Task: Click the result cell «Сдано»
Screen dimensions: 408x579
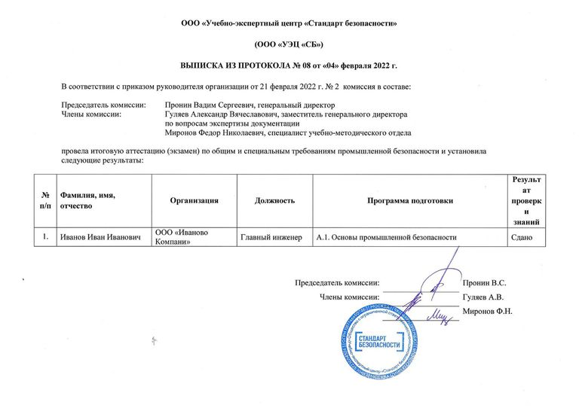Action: tap(522, 237)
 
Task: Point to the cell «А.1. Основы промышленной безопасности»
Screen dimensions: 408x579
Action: tap(387, 237)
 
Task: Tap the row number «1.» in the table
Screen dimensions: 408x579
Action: tap(46, 237)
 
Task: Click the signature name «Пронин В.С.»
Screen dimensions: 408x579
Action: tap(483, 283)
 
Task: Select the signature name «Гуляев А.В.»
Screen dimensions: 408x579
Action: tap(482, 297)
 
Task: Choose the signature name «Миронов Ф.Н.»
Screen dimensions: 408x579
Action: tap(487, 312)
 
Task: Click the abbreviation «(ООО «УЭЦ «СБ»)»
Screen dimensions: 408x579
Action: tap(289, 45)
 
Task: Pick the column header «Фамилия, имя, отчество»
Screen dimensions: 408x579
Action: tap(87, 200)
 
